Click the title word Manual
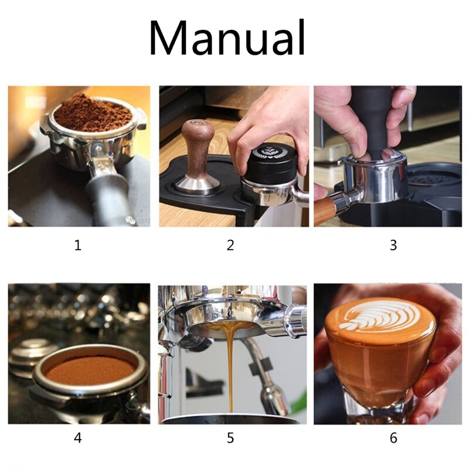(x=227, y=39)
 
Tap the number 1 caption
(x=78, y=245)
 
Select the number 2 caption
(x=230, y=245)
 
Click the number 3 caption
(x=393, y=245)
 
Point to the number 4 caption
(x=78, y=437)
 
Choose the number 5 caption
(x=230, y=437)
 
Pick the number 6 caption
(x=393, y=437)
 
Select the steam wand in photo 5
(x=267, y=375)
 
